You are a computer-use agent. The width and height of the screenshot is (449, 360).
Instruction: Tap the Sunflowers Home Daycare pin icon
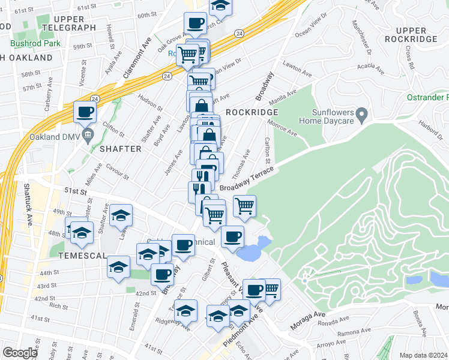coord(361,113)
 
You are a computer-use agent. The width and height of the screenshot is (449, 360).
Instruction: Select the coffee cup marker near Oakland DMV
coord(85,112)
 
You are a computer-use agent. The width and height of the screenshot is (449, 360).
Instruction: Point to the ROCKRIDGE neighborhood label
coord(252,112)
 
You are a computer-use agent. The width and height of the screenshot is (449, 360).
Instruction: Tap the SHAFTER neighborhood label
coord(120,148)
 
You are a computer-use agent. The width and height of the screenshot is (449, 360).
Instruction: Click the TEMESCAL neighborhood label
coord(82,255)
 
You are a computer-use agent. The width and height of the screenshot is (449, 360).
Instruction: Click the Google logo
coord(20,353)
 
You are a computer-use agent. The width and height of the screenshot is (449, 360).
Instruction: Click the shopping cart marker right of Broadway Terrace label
coord(245,206)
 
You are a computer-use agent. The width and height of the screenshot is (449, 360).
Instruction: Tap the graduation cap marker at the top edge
coord(221,5)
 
